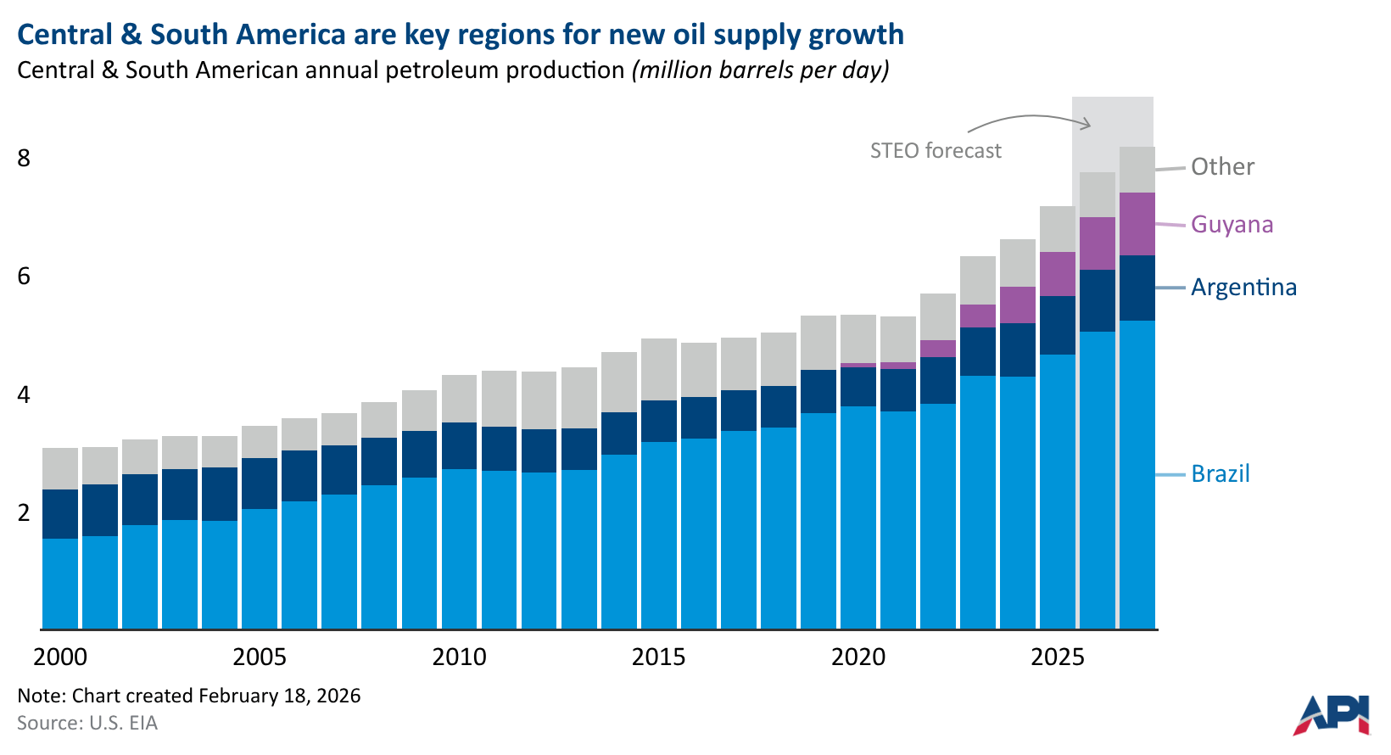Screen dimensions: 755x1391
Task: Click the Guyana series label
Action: (x=1232, y=225)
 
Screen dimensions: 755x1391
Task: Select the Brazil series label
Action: (x=1220, y=473)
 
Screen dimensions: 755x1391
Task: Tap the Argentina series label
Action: (x=1243, y=288)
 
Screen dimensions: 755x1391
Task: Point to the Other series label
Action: (x=1222, y=167)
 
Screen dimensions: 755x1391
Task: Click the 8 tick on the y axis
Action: (x=24, y=159)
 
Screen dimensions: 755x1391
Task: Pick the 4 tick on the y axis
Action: (x=24, y=395)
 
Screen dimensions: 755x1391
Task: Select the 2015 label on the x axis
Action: (x=658, y=657)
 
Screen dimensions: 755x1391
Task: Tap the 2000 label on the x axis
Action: (x=60, y=657)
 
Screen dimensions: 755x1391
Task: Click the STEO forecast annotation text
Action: (x=936, y=151)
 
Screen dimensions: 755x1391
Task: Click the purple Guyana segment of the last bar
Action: (x=1137, y=224)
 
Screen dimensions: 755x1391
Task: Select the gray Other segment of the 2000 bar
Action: (x=60, y=468)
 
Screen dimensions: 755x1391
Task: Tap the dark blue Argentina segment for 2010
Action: (x=459, y=445)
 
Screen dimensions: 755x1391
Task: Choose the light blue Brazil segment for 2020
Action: (x=858, y=517)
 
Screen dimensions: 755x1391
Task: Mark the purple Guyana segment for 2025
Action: (x=1057, y=274)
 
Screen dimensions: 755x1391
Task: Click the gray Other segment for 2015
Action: (x=658, y=369)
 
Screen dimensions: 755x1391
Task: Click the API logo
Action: (x=1332, y=714)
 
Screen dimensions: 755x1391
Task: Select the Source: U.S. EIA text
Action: (x=87, y=724)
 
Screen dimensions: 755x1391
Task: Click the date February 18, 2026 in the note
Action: (x=279, y=696)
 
